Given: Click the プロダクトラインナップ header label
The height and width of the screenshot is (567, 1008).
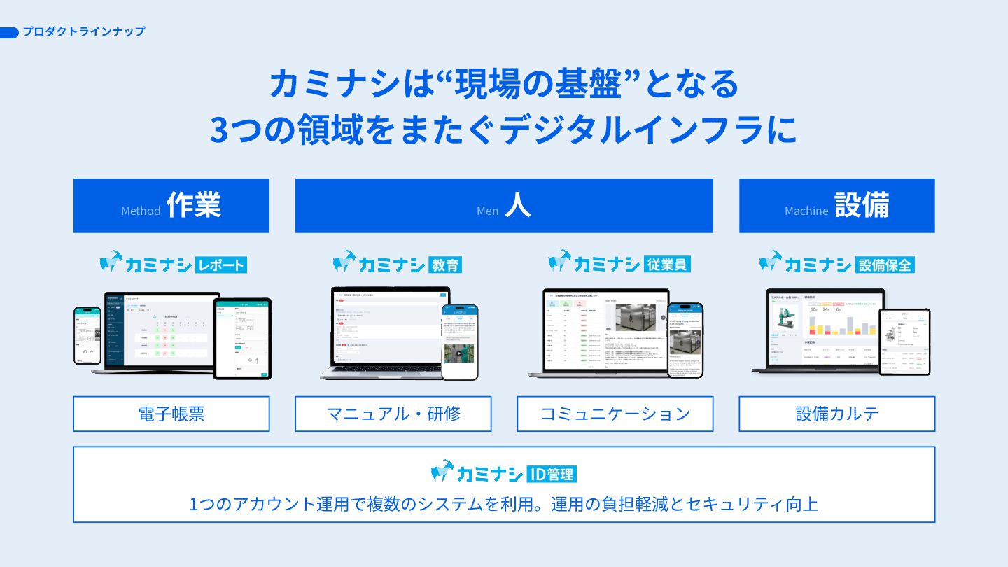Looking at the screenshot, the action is [x=83, y=31].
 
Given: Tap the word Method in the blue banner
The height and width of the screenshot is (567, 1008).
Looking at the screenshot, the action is [x=141, y=211].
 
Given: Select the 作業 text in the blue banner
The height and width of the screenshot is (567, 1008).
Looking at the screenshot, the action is [x=194, y=205].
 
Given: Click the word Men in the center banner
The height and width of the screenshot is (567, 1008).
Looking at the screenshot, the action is [x=487, y=211].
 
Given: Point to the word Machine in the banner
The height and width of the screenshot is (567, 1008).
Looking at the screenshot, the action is [x=806, y=211].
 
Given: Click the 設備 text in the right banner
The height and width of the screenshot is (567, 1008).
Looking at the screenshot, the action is [x=862, y=205].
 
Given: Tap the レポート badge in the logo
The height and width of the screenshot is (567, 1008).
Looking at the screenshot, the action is [x=222, y=265].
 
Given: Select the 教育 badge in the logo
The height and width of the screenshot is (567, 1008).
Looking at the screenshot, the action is [x=444, y=265].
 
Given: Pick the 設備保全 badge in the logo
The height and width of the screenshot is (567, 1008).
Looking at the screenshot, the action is [x=885, y=265].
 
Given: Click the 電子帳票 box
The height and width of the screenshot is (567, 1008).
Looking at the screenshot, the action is [x=171, y=414].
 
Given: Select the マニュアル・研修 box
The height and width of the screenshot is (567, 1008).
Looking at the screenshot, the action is [x=393, y=414].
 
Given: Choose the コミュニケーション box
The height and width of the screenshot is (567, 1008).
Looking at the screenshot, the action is [x=615, y=414].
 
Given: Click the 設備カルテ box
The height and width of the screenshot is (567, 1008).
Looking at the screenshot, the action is [x=836, y=414].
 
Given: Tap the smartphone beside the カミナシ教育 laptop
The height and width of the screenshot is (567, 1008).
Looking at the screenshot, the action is [x=459, y=342].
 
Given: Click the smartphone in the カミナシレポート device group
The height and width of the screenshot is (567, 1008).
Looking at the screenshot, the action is [x=87, y=335].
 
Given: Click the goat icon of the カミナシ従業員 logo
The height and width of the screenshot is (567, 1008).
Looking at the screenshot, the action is [x=559, y=262].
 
